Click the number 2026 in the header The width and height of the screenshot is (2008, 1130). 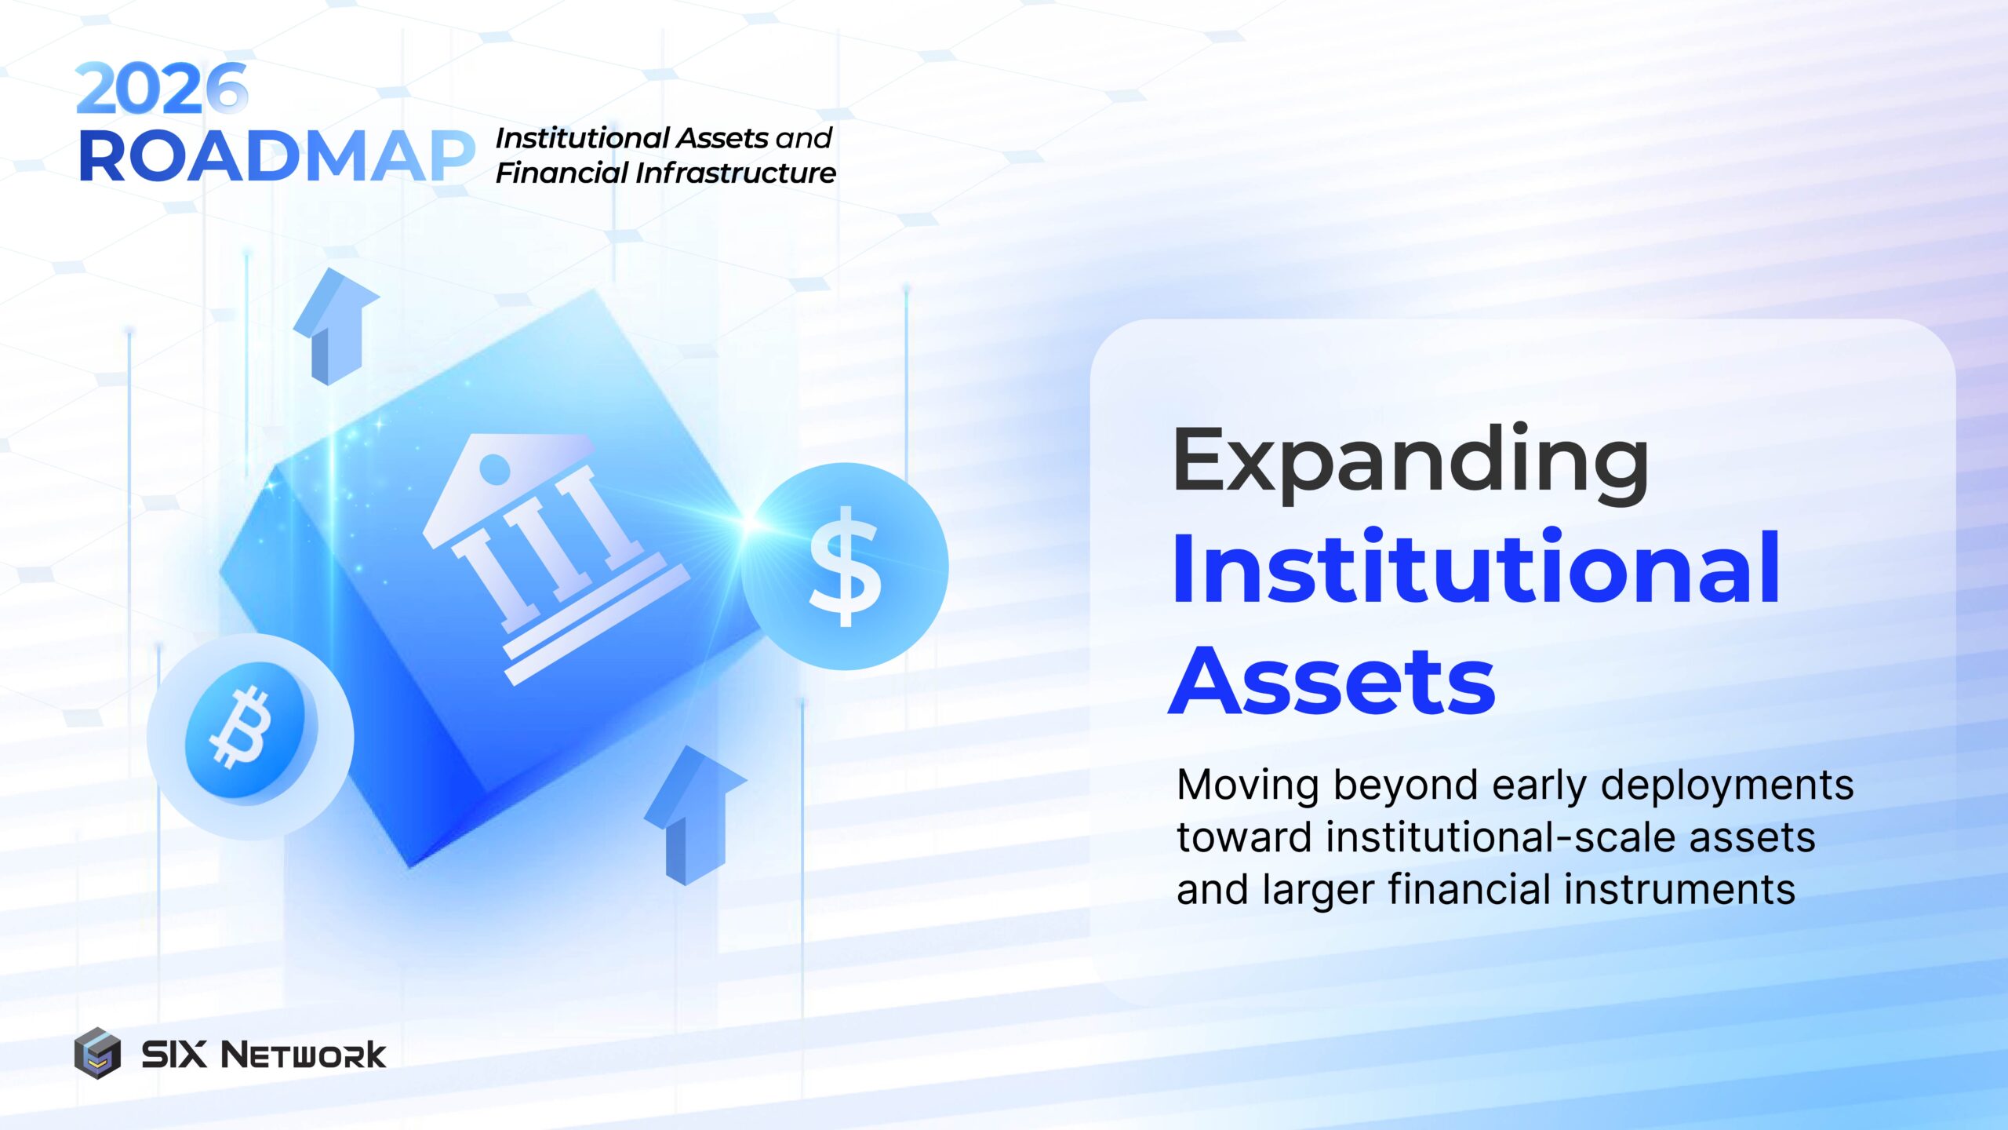[162, 89]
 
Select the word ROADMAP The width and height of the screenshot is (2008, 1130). [276, 157]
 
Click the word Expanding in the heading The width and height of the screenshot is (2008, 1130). [1410, 463]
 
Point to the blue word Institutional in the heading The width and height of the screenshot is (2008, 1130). [1475, 568]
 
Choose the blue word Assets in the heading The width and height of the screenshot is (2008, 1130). [1332, 681]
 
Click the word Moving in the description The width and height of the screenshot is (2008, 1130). [1248, 785]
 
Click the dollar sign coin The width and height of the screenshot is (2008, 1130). [846, 567]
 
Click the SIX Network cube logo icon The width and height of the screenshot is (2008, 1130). [97, 1053]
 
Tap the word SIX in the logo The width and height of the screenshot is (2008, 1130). [174, 1054]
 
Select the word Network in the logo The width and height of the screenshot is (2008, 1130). [303, 1055]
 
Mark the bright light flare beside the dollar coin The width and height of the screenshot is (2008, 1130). [749, 523]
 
